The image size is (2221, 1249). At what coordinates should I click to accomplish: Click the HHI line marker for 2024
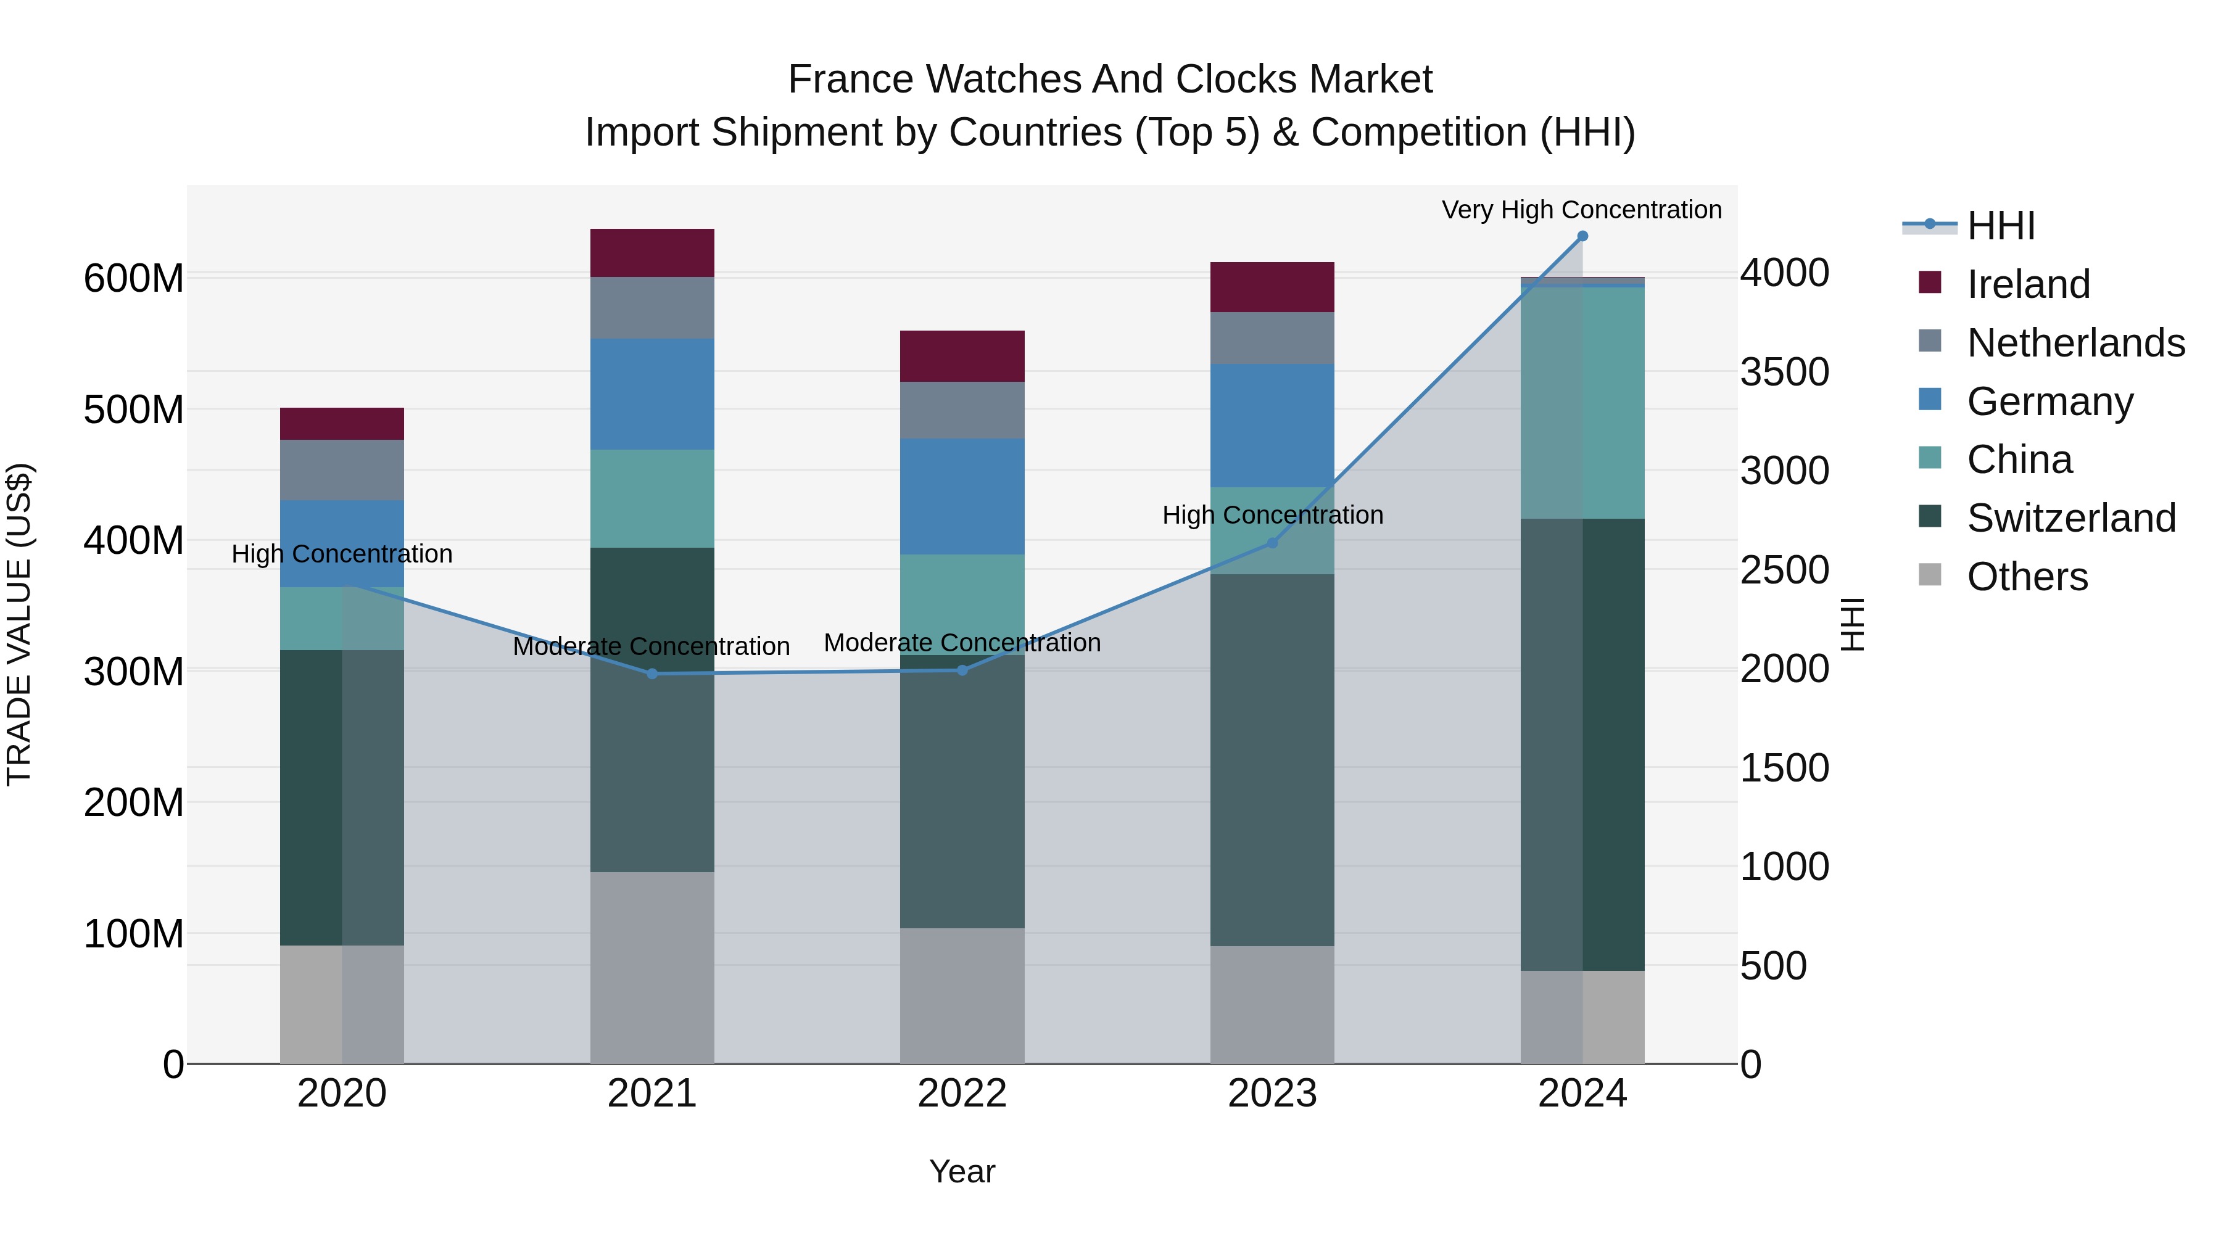1582,236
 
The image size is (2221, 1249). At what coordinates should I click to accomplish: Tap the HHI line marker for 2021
652,674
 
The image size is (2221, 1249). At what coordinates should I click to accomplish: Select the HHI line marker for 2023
1272,543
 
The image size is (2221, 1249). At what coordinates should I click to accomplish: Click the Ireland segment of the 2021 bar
652,252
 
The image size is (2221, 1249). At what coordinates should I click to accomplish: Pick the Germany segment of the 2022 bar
962,497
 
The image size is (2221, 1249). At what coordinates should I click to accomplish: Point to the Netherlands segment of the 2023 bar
1272,338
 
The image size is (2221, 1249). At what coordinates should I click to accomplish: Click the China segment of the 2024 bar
1582,403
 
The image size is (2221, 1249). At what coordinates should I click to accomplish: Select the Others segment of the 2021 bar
652,967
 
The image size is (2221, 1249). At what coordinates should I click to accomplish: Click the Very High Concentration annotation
1581,210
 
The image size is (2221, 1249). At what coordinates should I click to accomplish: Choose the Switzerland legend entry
2071,518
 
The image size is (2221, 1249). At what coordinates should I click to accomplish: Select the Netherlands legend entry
2075,343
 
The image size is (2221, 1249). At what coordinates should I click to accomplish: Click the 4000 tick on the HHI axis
1784,273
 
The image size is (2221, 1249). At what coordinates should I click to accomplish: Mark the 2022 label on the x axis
962,1094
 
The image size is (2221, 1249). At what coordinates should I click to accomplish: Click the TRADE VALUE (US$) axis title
19,624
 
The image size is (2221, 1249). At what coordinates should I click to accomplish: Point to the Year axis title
962,1171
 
